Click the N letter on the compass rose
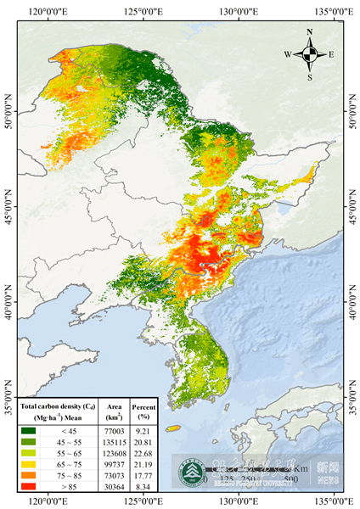[310, 32]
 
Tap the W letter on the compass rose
[288, 54]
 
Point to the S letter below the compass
[310, 77]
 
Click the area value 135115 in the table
[115, 442]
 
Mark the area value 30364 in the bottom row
[115, 488]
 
